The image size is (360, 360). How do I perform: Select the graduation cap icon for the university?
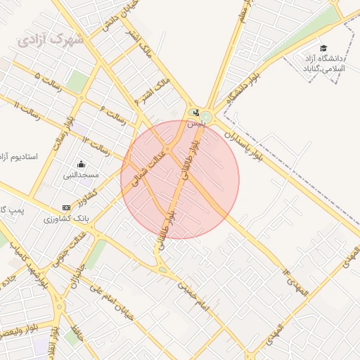click(x=323, y=48)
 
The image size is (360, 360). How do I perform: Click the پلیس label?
click(x=195, y=123)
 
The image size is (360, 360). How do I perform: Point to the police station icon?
click(x=195, y=112)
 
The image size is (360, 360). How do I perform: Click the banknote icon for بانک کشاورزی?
click(x=67, y=208)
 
